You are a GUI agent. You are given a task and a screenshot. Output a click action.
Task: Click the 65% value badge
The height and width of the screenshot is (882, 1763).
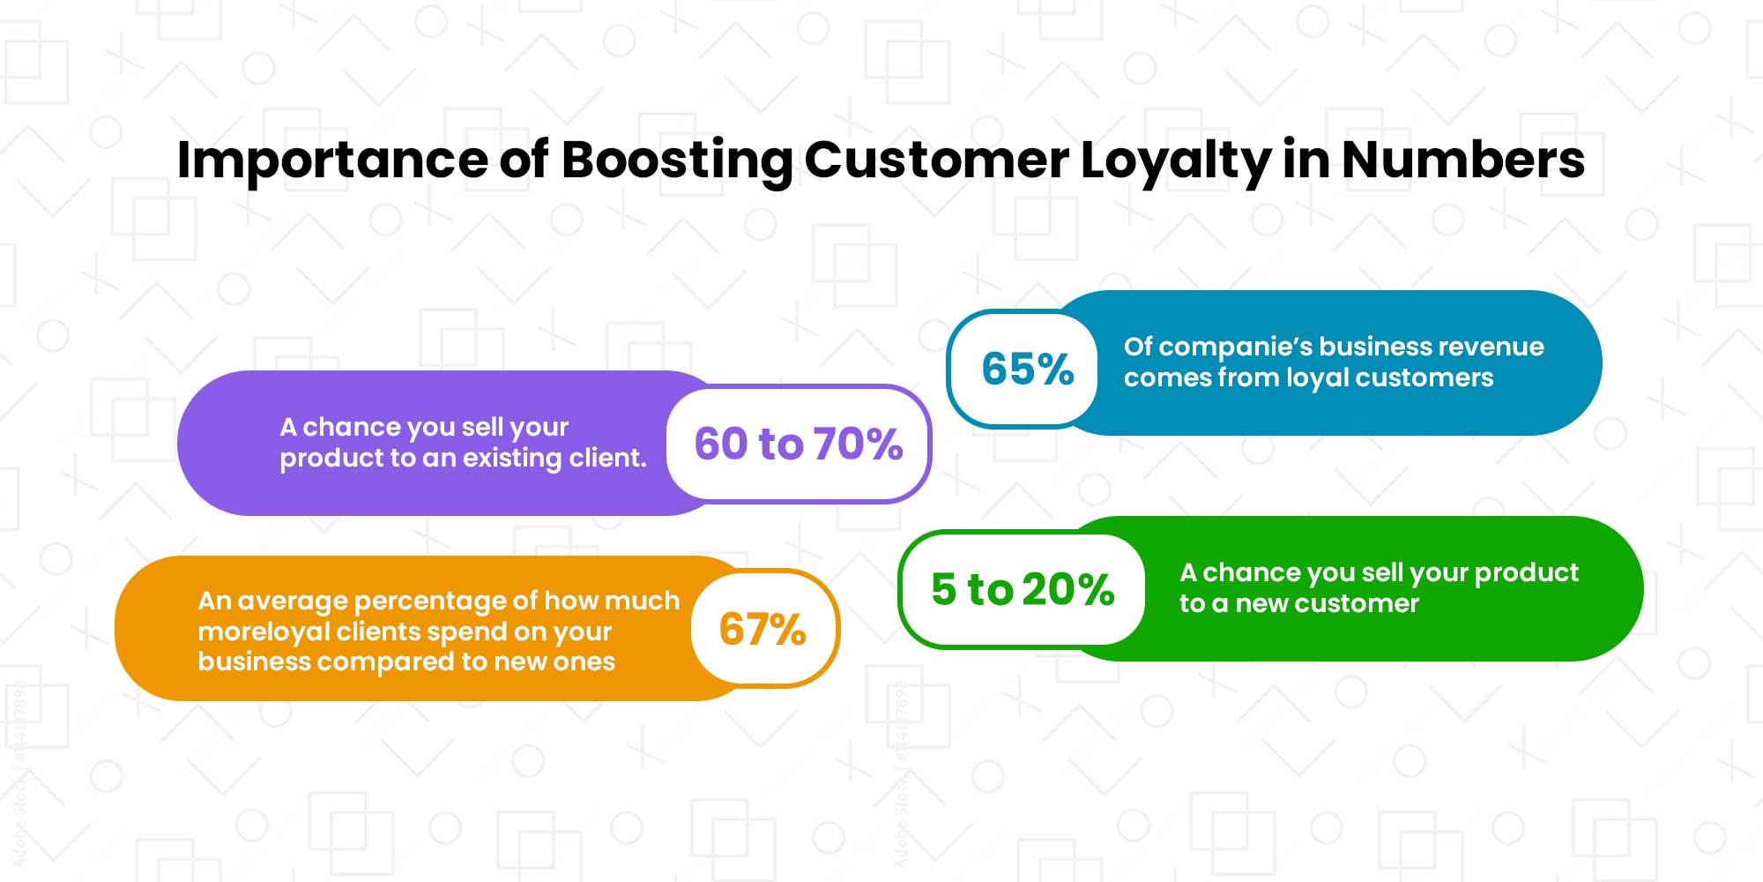[1027, 369]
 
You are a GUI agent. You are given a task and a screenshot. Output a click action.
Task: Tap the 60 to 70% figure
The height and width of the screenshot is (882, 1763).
[798, 444]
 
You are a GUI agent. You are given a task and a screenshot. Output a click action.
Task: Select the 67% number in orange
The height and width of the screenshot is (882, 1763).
[762, 629]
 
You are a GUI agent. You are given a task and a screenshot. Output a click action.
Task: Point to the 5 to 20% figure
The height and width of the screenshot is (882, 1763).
[1023, 589]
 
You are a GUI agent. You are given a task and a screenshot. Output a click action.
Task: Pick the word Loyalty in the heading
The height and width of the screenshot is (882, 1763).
[1175, 161]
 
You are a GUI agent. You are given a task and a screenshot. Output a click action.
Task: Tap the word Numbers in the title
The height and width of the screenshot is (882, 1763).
[1463, 161]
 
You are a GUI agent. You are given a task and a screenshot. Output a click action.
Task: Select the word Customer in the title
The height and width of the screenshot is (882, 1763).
[936, 161]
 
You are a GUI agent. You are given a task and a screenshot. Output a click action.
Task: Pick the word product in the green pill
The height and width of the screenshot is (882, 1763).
[1526, 573]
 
